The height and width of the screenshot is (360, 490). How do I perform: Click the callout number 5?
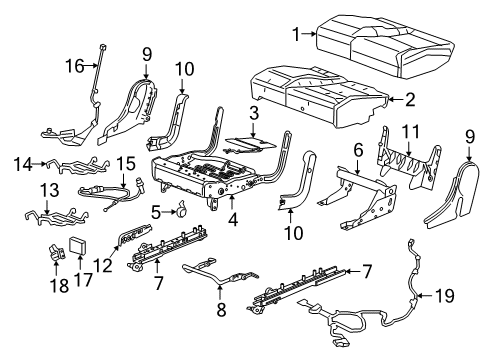[x=156, y=211]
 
